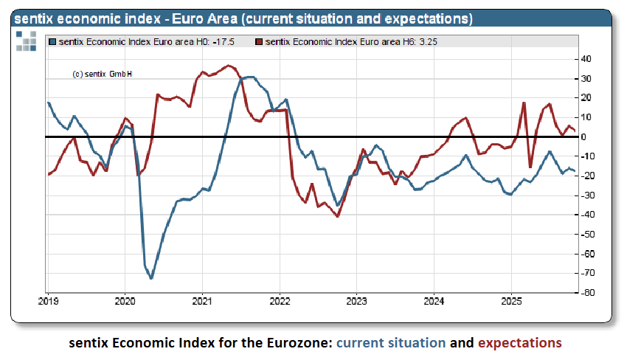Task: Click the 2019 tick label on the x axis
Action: (x=48, y=301)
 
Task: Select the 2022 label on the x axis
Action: (x=280, y=301)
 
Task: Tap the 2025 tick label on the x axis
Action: (x=511, y=301)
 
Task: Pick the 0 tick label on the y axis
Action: (x=583, y=137)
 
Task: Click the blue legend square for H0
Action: (x=52, y=43)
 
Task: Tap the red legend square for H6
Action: (x=257, y=43)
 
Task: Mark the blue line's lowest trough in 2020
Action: (x=151, y=278)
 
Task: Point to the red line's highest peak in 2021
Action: (x=229, y=66)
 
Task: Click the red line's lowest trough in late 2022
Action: (x=337, y=216)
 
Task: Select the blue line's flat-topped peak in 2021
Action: (x=249, y=77)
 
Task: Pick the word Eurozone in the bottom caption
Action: (x=298, y=343)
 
